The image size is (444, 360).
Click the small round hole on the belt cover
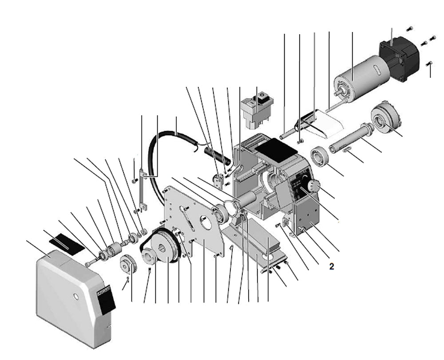click(x=75, y=296)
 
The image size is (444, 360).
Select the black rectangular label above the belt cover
click(x=64, y=244)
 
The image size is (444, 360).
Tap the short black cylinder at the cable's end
click(x=217, y=154)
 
